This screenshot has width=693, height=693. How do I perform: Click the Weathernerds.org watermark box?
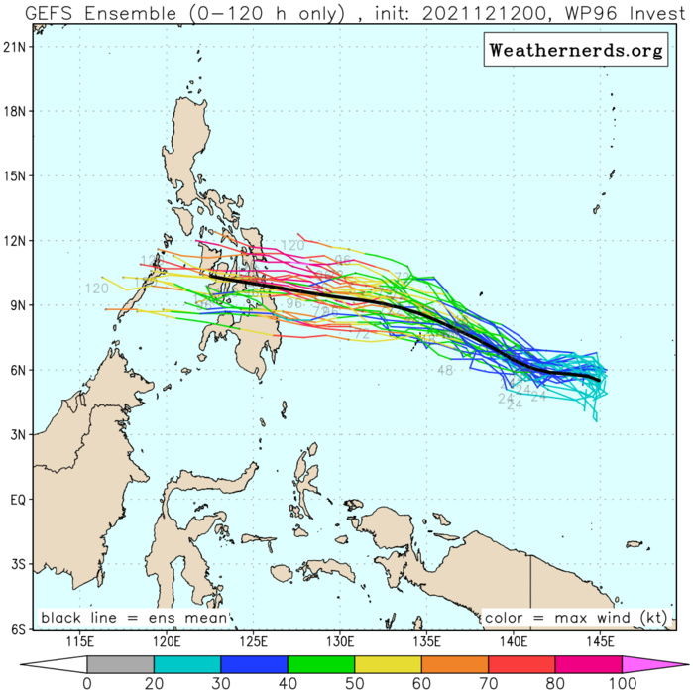click(x=574, y=51)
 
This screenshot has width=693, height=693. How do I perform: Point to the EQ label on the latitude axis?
click(x=18, y=500)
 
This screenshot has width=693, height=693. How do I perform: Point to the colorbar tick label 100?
click(x=622, y=683)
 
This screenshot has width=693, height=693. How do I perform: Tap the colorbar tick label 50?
click(x=354, y=683)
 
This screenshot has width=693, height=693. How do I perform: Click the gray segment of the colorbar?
click(x=120, y=663)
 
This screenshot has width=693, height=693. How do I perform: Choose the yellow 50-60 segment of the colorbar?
click(x=388, y=663)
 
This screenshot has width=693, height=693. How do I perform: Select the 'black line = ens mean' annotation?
click(x=133, y=618)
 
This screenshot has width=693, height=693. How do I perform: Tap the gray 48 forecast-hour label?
click(x=445, y=370)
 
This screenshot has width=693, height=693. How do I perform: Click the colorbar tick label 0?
click(x=87, y=683)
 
